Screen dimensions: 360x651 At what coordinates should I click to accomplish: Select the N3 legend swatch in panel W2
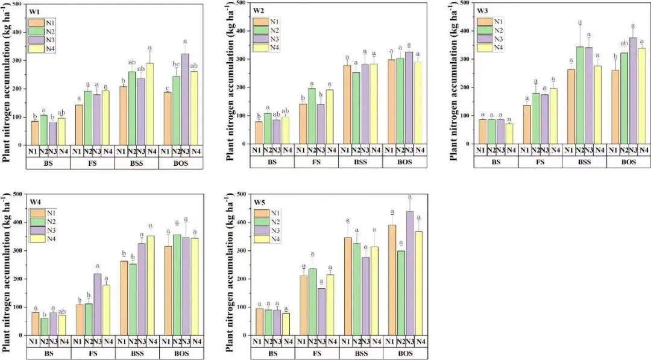260,39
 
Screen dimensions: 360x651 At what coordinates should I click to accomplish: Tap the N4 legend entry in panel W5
260,239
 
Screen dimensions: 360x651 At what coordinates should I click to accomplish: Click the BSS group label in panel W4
137,353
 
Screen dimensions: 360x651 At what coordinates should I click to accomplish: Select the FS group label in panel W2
316,162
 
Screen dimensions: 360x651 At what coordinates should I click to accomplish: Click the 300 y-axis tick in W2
240,59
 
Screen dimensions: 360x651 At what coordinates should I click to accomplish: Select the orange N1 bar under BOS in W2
391,101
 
